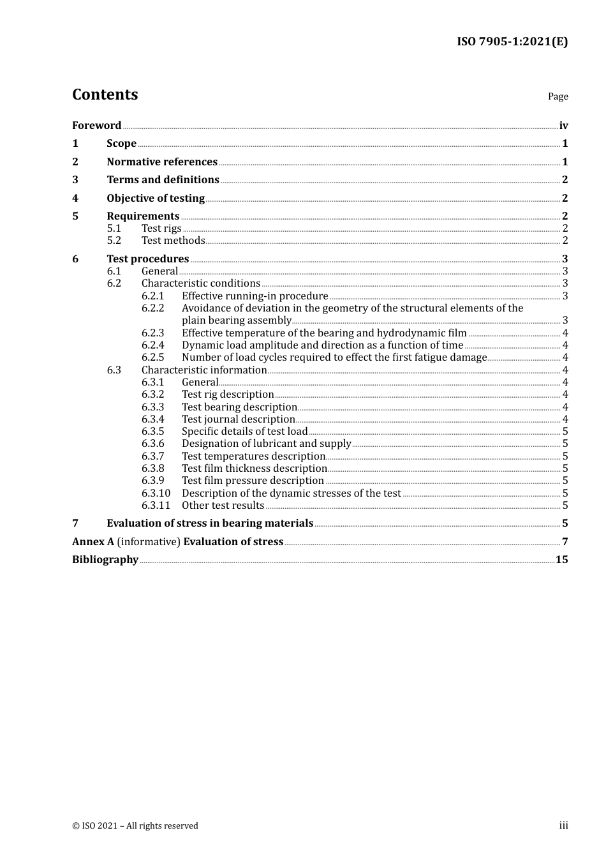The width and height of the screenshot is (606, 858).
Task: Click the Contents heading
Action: [x=105, y=94]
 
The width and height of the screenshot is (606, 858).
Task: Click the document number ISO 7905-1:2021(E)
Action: [x=512, y=41]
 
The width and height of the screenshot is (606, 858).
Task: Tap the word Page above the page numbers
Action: [x=558, y=96]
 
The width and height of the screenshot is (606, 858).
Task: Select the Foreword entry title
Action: [x=96, y=125]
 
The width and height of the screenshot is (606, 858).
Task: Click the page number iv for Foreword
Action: [x=563, y=125]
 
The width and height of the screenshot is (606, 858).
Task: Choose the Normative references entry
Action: [x=162, y=162]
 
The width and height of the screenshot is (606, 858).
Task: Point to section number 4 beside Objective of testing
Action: [x=75, y=198]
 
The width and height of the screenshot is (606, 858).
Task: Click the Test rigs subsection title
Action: [x=161, y=228]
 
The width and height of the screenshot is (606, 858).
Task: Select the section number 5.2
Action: [x=114, y=240]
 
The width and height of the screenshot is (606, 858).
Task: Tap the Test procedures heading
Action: [x=147, y=259]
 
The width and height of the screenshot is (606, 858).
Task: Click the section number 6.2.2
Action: [x=152, y=308]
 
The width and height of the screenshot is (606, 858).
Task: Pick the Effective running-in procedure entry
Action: [x=255, y=296]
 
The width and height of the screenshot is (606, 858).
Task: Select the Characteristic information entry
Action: [x=204, y=370]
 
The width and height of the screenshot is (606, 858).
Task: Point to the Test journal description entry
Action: [x=238, y=419]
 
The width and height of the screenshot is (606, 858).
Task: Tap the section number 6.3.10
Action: [x=156, y=493]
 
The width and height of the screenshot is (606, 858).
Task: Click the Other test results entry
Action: [x=223, y=505]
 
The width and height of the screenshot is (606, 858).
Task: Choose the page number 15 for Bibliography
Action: [x=561, y=559]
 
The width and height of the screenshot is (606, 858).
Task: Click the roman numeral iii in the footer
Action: [x=563, y=825]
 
